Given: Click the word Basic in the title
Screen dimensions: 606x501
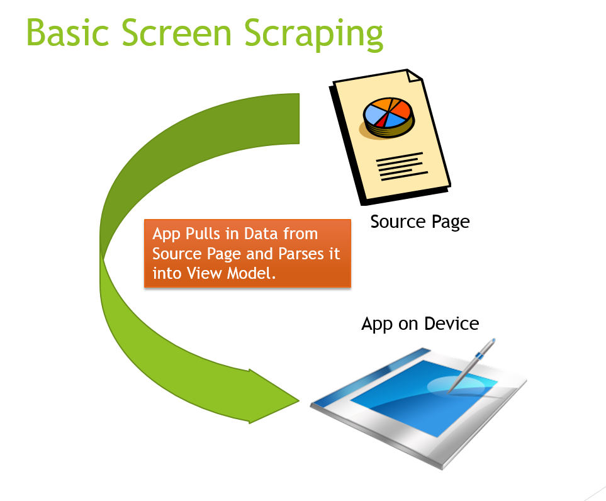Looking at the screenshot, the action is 68,33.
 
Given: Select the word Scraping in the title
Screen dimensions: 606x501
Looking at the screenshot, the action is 313,35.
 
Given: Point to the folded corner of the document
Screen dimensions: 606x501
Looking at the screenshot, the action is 414,76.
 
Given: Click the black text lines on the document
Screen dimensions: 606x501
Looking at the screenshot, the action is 402,167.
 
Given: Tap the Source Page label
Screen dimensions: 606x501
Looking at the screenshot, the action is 420,222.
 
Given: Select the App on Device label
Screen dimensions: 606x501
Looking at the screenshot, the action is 420,324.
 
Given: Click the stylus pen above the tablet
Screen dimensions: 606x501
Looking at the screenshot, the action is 471,366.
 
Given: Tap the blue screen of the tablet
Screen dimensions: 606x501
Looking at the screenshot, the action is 424,398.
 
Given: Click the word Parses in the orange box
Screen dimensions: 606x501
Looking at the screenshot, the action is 301,254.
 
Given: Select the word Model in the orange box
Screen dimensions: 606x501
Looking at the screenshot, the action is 251,273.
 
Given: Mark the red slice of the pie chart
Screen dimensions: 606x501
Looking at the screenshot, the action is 382,121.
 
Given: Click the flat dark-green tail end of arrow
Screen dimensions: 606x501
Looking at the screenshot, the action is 299,118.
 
